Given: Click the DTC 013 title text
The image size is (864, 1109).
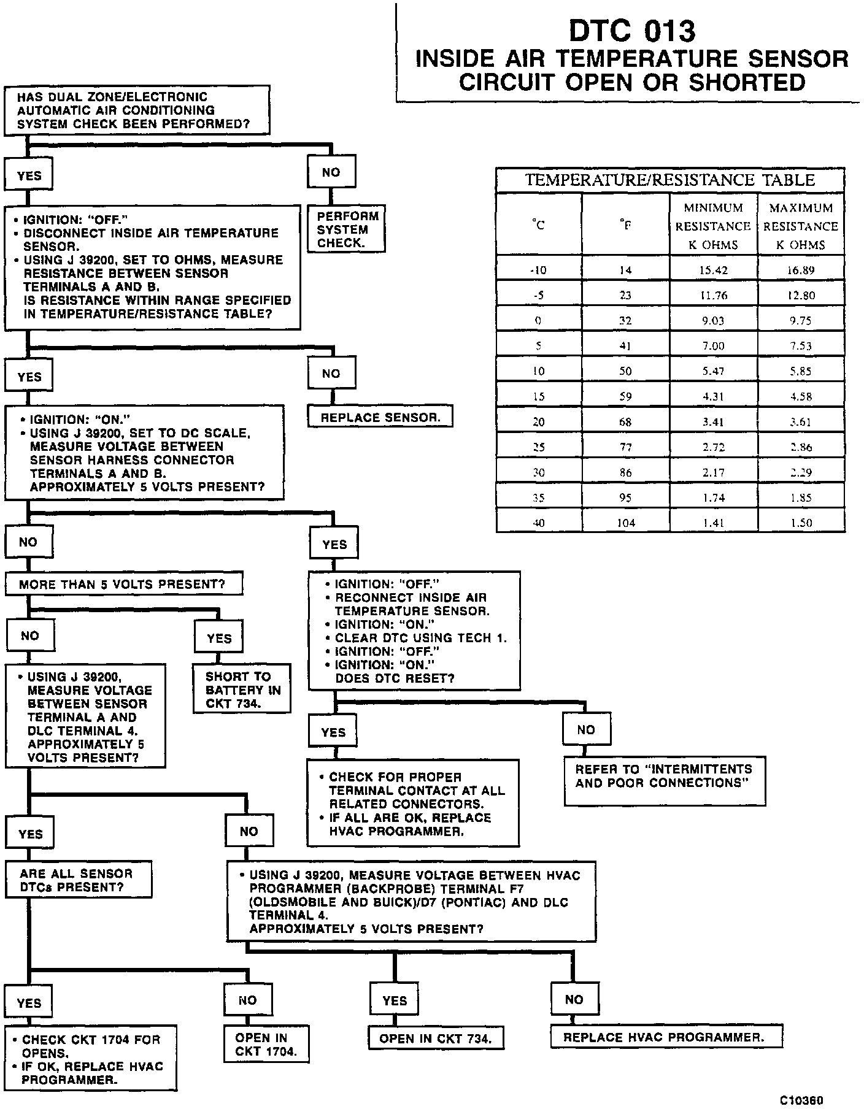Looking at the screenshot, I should [632, 31].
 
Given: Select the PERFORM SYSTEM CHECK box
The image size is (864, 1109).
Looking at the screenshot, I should [348, 229].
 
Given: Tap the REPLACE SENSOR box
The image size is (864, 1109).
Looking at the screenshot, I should [380, 418].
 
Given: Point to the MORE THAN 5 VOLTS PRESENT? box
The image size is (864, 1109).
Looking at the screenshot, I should [123, 584].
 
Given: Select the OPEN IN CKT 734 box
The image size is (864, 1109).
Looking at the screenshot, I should [435, 1038].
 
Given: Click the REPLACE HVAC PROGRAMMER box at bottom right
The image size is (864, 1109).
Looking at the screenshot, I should [665, 1037].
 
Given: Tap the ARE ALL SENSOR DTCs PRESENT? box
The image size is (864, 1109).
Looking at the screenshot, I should [78, 880].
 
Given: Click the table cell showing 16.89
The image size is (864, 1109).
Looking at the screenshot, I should [801, 271].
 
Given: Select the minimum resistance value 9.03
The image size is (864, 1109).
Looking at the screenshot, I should [714, 321].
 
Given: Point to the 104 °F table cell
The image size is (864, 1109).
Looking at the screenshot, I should [625, 523].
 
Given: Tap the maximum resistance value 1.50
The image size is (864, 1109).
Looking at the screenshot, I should [801, 523].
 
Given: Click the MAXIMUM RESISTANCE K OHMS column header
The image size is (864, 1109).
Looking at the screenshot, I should [801, 226].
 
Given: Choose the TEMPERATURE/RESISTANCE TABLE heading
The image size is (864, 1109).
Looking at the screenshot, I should [669, 180].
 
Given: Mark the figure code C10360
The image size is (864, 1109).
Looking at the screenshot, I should [801, 1100].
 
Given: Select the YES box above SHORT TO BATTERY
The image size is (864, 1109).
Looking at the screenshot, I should [219, 639].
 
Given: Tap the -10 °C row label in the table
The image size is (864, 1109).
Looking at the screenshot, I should [539, 271].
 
